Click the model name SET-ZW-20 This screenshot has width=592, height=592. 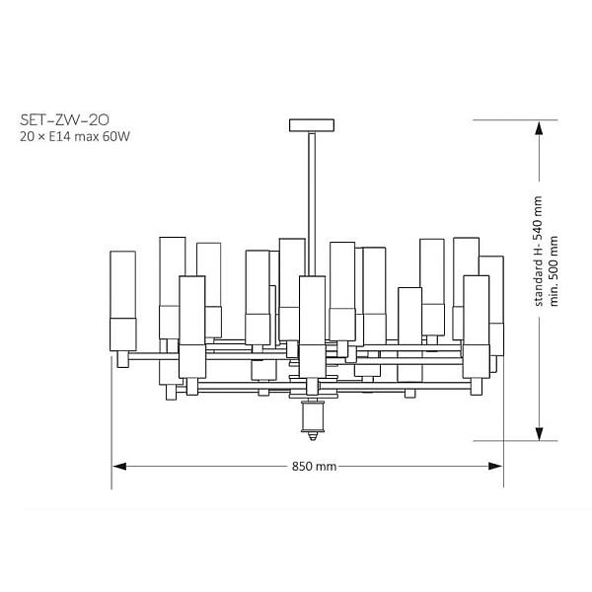point(64,120)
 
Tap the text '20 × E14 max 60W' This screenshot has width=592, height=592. point(75,136)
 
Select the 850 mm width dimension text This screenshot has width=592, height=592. point(314,467)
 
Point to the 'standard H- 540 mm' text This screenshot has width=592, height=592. point(539,251)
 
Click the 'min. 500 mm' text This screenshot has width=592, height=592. point(554,270)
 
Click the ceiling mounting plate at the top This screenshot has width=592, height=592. point(312,125)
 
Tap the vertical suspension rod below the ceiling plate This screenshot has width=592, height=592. point(312,204)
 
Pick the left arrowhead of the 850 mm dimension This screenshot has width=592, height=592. point(119,467)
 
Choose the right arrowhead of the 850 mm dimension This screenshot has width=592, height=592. point(495,467)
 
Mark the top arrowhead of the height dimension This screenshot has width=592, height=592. point(539,128)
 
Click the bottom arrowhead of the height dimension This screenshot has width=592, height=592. point(539,433)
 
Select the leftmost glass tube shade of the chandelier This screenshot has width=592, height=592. point(123,301)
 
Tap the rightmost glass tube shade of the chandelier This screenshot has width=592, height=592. point(492,306)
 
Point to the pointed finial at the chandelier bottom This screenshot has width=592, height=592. point(312,436)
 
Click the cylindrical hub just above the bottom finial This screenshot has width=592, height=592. point(312,416)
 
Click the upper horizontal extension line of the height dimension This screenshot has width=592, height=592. point(515,120)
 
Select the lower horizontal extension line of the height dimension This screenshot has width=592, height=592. point(515,441)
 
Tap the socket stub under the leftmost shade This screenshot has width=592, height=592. point(123,359)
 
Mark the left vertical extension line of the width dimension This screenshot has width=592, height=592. point(111,422)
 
